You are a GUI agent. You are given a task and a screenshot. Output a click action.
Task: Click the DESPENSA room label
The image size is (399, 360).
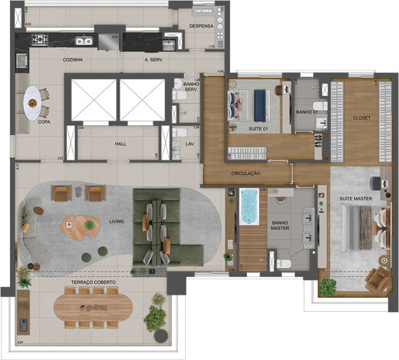pyautogui.click(x=203, y=25)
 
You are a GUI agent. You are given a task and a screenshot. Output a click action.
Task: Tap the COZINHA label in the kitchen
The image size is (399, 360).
pyautogui.click(x=72, y=60)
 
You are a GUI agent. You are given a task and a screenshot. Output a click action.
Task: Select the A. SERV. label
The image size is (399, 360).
pyautogui.click(x=157, y=60)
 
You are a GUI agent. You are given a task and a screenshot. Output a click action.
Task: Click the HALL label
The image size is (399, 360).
pyautogui.click(x=121, y=143)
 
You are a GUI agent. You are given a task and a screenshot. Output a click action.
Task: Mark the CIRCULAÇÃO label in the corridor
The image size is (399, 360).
pyautogui.click(x=246, y=174)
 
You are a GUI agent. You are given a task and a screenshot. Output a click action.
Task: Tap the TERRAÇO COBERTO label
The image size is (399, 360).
pyautogui.click(x=94, y=282)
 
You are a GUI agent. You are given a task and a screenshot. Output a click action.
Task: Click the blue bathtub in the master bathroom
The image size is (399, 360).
pyautogui.click(x=249, y=209)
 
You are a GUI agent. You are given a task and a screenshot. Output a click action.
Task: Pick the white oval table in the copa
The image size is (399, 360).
pyautogui.click(x=35, y=101)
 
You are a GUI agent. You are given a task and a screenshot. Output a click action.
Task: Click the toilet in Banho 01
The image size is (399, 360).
pyautogui.click(x=323, y=104)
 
